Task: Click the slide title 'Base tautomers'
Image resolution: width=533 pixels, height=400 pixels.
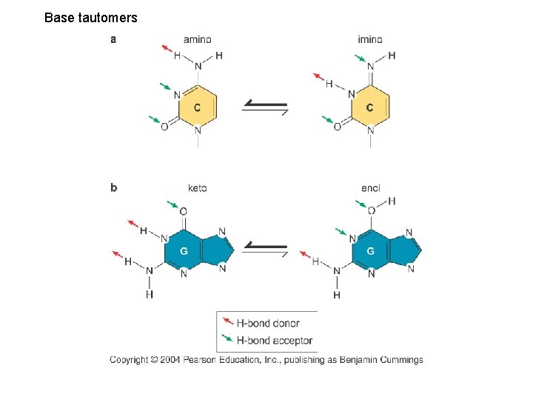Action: pyautogui.click(x=90, y=17)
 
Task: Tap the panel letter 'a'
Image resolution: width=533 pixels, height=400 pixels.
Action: pyautogui.click(x=113, y=39)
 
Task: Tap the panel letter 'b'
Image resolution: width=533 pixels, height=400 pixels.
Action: pyautogui.click(x=113, y=187)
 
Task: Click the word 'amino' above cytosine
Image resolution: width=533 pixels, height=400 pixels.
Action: pyautogui.click(x=198, y=39)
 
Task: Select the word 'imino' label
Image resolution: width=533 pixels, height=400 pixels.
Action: pyautogui.click(x=369, y=39)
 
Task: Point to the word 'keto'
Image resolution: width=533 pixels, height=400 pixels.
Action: pyautogui.click(x=198, y=188)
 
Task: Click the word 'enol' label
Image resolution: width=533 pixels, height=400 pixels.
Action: pyautogui.click(x=370, y=188)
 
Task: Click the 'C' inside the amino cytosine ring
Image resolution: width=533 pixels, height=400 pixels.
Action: pyautogui.click(x=197, y=108)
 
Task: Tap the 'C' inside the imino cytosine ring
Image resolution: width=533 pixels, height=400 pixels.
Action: pyautogui.click(x=369, y=108)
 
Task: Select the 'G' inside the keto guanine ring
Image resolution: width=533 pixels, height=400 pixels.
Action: pyautogui.click(x=184, y=251)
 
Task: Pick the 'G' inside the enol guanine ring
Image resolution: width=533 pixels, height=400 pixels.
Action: pyautogui.click(x=370, y=251)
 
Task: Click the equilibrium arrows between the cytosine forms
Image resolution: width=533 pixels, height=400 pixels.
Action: pyautogui.click(x=265, y=109)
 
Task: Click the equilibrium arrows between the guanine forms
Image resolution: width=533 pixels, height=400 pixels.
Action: pyautogui.click(x=265, y=249)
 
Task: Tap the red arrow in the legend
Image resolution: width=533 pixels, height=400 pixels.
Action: pyautogui.click(x=227, y=321)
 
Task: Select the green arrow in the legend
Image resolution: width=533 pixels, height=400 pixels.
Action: pyautogui.click(x=227, y=339)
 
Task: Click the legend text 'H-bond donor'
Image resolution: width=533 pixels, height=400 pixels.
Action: pyautogui.click(x=268, y=323)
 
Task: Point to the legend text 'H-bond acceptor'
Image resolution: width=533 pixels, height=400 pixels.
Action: pyautogui.click(x=274, y=341)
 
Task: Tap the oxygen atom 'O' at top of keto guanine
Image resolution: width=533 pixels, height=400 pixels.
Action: pyautogui.click(x=183, y=212)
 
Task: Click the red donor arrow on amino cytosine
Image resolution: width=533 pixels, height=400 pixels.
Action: pyautogui.click(x=167, y=49)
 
